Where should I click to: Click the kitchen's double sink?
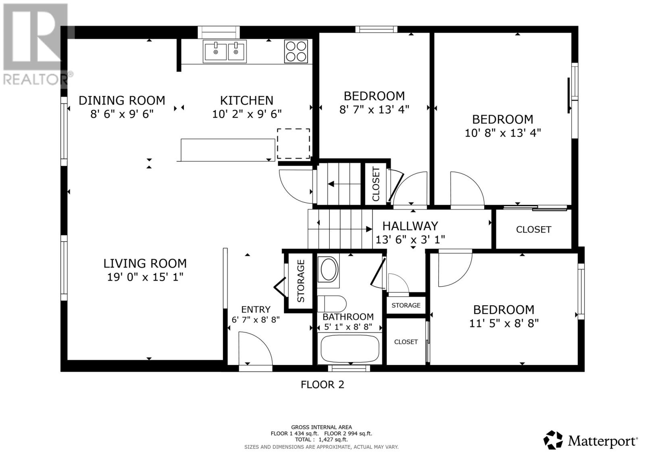tap(225, 52)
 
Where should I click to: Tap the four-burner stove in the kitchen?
tap(296, 52)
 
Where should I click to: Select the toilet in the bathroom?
tap(332, 304)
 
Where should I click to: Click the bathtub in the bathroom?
tap(350, 349)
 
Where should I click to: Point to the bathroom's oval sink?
tap(329, 270)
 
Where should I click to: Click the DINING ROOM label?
tap(122, 100)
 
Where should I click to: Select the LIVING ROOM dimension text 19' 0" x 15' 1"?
tap(145, 277)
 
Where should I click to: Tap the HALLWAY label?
tap(410, 226)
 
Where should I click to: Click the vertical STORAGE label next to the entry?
tap(301, 281)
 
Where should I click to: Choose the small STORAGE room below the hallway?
tap(406, 305)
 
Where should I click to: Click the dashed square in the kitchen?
tap(293, 144)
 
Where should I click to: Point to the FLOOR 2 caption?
tap(322, 385)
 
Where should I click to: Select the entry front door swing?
tap(256, 349)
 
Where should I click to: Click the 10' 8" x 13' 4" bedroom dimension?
tap(503, 133)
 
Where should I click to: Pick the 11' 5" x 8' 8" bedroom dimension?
tap(504, 323)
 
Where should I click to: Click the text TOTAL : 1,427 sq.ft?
tap(321, 439)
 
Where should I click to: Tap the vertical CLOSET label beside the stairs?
tap(376, 184)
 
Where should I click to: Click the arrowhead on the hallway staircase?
tap(369, 229)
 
